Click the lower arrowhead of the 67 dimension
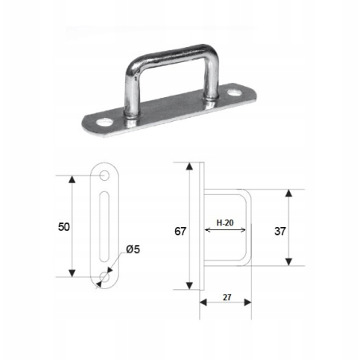tap(190, 287)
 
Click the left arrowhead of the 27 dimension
tap(202, 302)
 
